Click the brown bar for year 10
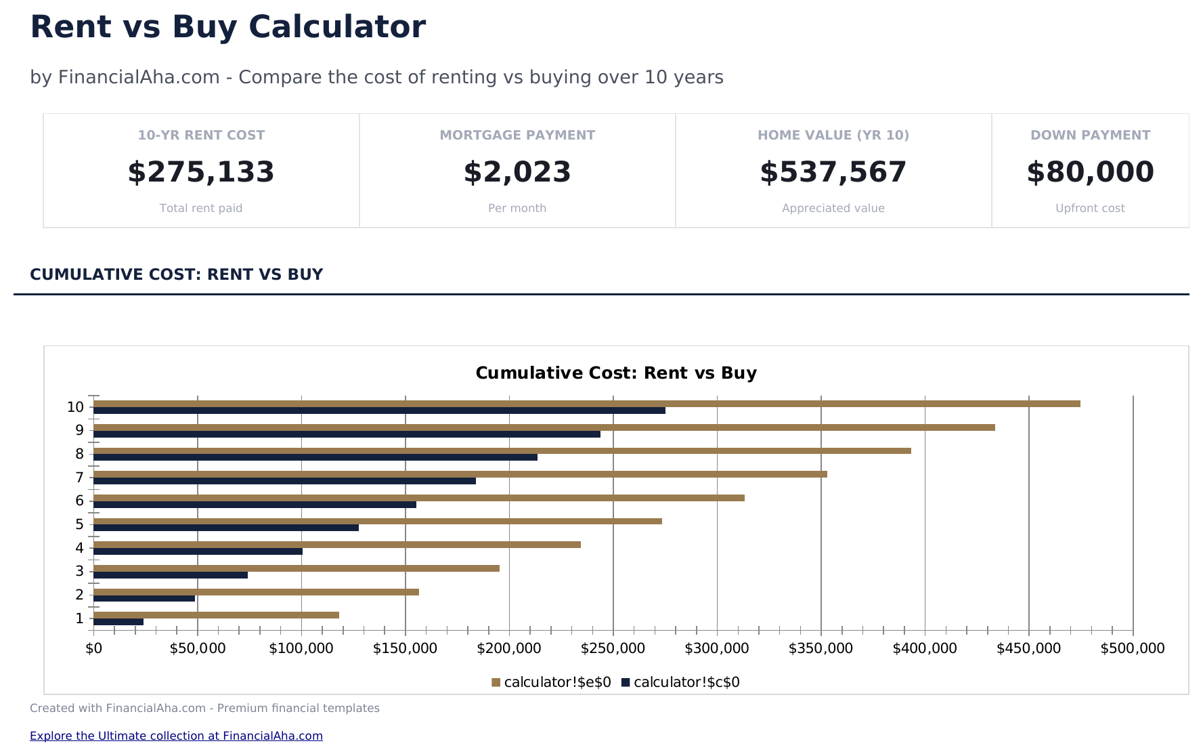[x=586, y=404]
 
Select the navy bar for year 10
[x=379, y=411]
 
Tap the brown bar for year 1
[x=216, y=615]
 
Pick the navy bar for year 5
[x=225, y=528]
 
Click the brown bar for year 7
[x=460, y=474]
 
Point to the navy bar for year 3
[x=171, y=575]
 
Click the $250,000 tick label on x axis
[x=613, y=648]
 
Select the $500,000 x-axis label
[x=1132, y=648]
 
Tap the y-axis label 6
[x=80, y=501]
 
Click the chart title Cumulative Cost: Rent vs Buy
[x=616, y=373]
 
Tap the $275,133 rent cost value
[x=201, y=172]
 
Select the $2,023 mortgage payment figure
[x=517, y=172]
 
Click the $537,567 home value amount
[x=833, y=172]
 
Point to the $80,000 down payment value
[x=1090, y=172]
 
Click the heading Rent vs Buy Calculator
[x=228, y=27]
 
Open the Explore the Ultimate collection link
[x=176, y=736]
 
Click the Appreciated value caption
[x=833, y=208]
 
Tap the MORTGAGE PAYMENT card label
[x=517, y=135]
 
